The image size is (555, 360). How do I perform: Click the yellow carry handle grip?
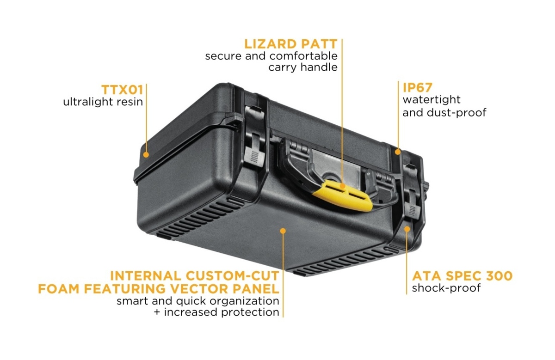point(343,196)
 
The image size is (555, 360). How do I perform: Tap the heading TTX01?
point(123,90)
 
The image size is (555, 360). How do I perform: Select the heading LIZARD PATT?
point(290,44)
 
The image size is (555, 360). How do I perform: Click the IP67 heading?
point(418,87)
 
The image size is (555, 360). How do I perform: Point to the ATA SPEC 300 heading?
point(462,276)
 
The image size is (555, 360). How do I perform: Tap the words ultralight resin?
point(103,102)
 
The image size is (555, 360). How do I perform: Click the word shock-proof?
point(446,288)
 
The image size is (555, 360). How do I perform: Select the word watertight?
point(432,99)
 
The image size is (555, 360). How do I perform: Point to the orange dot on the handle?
point(342,186)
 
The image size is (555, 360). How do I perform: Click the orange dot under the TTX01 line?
point(146,155)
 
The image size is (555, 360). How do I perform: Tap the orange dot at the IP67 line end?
point(398,152)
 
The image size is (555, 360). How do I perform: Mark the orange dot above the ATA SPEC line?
point(407,229)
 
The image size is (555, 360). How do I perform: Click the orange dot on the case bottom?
point(283,231)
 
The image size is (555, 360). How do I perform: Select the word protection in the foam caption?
point(250,312)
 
